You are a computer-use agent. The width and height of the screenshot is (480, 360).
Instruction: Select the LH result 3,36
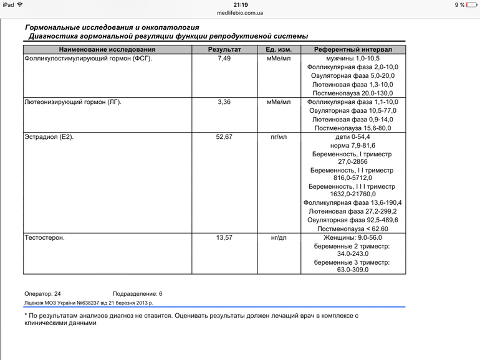pyautogui.click(x=224, y=102)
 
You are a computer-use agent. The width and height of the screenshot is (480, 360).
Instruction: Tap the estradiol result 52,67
pyautogui.click(x=224, y=136)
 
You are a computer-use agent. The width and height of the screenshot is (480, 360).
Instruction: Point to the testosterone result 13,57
pyautogui.click(x=224, y=237)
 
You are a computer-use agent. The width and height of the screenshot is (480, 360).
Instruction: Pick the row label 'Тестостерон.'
pyautogui.click(x=44, y=237)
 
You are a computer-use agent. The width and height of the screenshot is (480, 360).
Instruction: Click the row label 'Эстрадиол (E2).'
pyautogui.click(x=49, y=136)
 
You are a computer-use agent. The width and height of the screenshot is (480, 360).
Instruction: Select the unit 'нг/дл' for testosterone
pyautogui.click(x=279, y=237)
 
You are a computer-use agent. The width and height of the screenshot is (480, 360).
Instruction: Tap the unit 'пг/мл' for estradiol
pyautogui.click(x=279, y=136)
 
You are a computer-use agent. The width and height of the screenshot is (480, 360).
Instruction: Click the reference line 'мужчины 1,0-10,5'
pyautogui.click(x=353, y=58)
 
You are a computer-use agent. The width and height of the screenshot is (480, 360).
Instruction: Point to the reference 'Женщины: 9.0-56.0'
pyautogui.click(x=353, y=237)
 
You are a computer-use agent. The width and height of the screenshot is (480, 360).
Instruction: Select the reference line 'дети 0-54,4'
pyautogui.click(x=353, y=136)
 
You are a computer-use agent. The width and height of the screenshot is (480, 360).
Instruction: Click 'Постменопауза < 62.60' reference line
pyautogui.click(x=353, y=229)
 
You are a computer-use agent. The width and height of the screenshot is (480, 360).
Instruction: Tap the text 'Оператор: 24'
pyautogui.click(x=42, y=293)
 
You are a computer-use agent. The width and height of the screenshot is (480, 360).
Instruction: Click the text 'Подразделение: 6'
pyautogui.click(x=137, y=293)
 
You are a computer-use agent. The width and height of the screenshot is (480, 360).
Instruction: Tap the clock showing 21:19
pyautogui.click(x=240, y=4)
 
